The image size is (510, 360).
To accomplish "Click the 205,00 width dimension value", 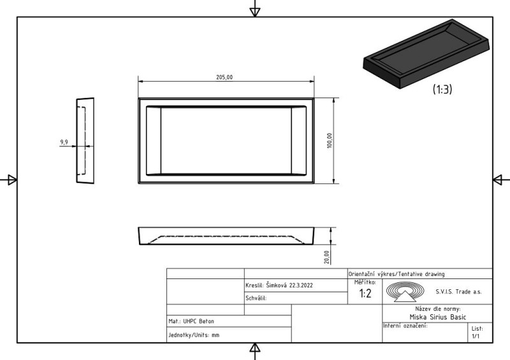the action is pos(224,77).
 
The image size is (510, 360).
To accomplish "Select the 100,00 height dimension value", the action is pos(330,140).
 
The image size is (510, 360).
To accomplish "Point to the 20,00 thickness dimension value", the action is pos(327,257).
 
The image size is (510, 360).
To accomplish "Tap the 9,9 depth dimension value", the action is pos(64,142).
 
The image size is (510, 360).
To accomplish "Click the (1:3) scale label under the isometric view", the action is pos(442,89).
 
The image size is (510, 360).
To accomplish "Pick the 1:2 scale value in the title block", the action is pos(365,294).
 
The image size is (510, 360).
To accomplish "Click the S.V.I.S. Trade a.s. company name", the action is pos(458,292).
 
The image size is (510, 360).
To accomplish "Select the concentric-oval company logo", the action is pos(405,292).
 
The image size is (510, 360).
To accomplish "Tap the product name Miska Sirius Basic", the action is pos(438,317).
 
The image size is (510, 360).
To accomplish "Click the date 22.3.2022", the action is pos(301,285).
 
